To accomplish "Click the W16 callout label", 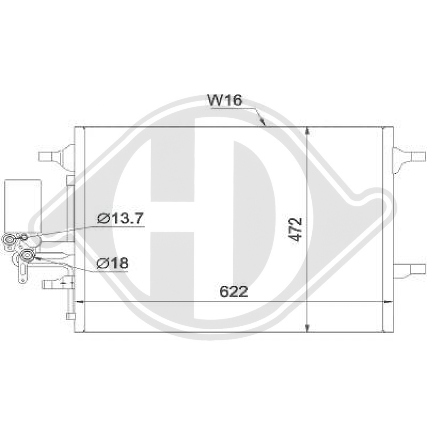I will [225, 101].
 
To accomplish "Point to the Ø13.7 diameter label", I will [121, 219].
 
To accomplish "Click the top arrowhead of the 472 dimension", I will [308, 130].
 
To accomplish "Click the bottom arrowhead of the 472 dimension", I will [308, 329].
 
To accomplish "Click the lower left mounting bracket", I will [53, 283].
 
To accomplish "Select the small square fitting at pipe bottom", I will [70, 317].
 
